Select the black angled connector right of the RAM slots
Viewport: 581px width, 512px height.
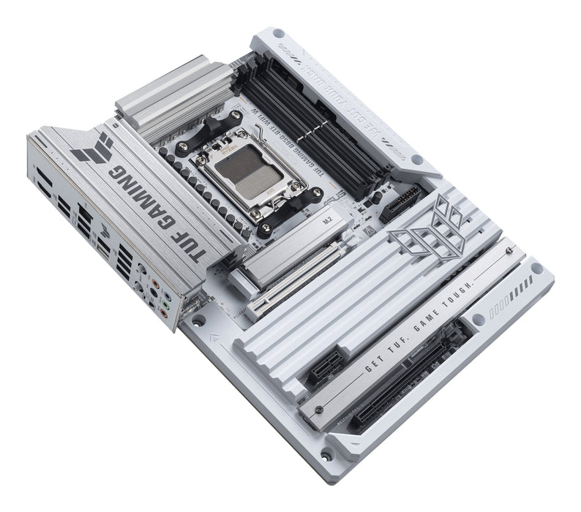(x=402, y=198)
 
